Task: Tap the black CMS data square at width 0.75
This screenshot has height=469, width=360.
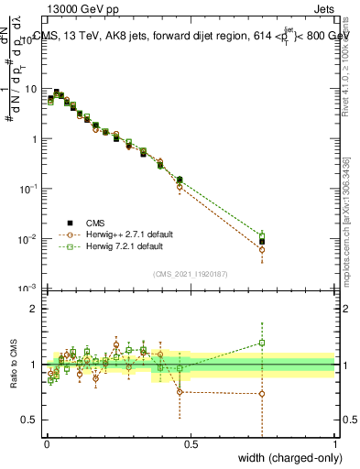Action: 262,242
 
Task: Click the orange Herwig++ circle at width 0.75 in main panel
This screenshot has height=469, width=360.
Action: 262,249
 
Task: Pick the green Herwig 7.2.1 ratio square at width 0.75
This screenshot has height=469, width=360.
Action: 262,343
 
